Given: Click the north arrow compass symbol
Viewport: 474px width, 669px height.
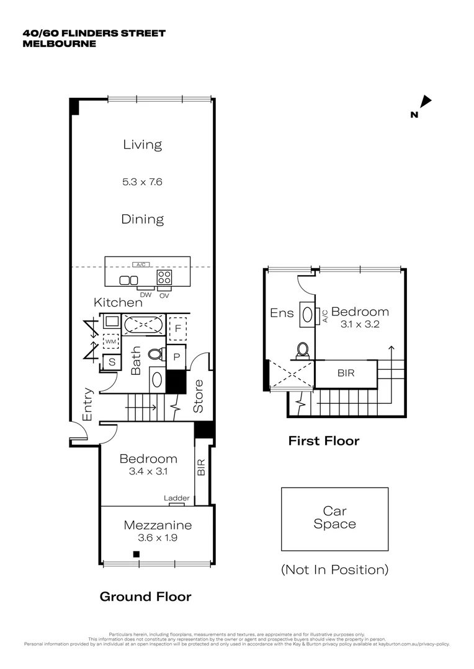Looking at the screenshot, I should click(x=425, y=102).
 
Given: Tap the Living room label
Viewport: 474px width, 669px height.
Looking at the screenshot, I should click(x=142, y=145).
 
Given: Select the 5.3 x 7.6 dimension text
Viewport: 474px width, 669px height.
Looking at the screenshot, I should click(x=142, y=182).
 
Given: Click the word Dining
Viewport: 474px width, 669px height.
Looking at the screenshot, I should click(x=142, y=219).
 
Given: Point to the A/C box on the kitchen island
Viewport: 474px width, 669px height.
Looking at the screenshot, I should click(x=143, y=265).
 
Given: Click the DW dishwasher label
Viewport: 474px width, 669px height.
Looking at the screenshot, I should click(x=146, y=295).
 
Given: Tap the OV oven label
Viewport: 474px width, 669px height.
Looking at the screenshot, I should click(x=164, y=295).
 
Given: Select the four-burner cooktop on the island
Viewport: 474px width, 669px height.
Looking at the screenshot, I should click(x=164, y=277).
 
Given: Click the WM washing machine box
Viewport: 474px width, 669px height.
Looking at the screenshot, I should click(x=111, y=341).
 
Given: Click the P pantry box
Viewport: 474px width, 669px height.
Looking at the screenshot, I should click(x=176, y=357).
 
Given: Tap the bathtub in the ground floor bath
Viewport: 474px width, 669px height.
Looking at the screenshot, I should click(x=143, y=324).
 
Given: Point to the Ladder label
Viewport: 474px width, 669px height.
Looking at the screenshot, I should click(x=177, y=498).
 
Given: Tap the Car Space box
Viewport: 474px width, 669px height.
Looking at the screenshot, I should click(x=334, y=518).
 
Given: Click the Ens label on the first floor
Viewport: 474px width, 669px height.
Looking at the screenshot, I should click(x=282, y=313).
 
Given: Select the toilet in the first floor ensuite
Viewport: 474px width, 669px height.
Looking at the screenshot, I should click(x=302, y=351).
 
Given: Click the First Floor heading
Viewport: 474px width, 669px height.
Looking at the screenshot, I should click(x=323, y=441).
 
